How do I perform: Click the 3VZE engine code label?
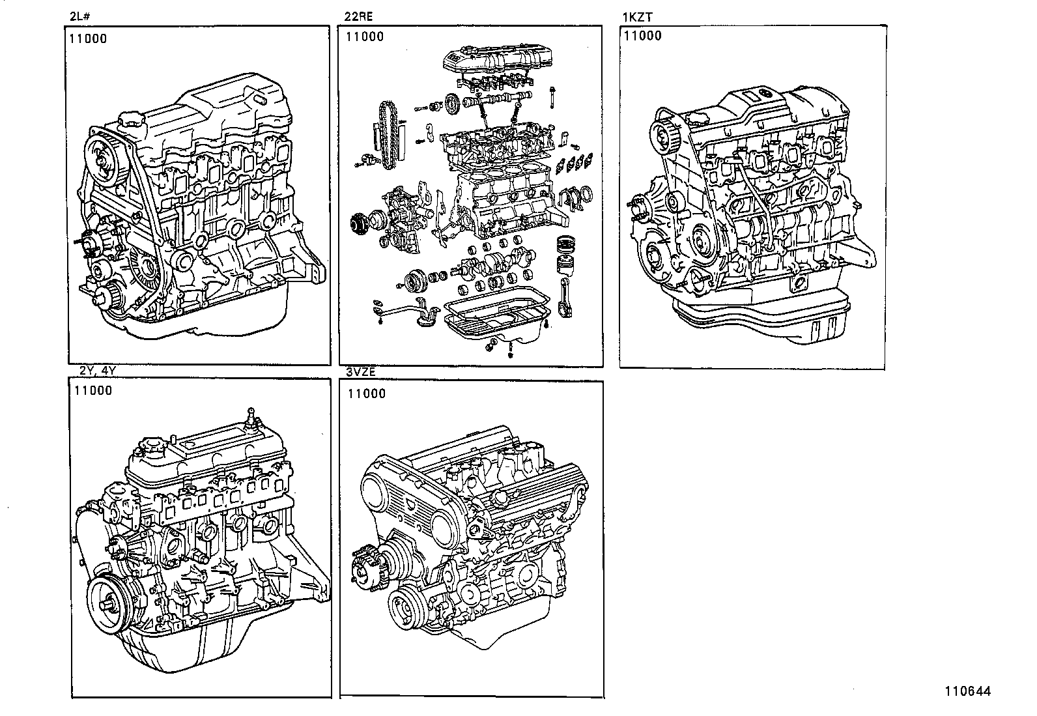(361, 373)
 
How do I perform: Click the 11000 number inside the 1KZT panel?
(642, 36)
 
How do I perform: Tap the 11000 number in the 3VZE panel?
(366, 394)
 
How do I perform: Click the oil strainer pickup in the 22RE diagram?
(410, 309)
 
